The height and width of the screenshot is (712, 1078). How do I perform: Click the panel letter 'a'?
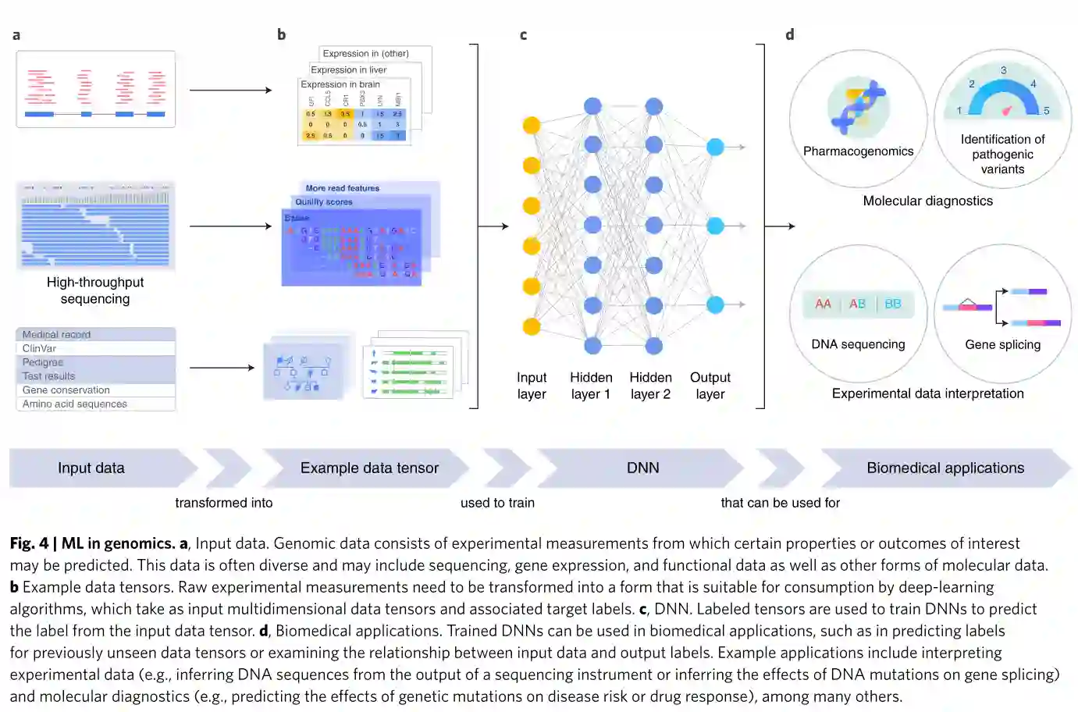pos(16,35)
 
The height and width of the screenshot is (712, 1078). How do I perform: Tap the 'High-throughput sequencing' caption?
pos(95,290)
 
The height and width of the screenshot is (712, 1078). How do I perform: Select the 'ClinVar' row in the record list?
pos(40,348)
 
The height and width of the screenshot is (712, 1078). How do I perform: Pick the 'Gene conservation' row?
pos(66,390)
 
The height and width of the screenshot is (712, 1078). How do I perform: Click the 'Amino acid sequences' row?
pos(75,404)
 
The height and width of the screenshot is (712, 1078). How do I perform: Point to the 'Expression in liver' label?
pos(348,69)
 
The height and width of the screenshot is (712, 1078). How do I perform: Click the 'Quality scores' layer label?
pos(324,201)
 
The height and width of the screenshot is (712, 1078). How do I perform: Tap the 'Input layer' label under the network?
pos(532,386)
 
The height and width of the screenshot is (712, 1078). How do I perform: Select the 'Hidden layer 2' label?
pos(650,386)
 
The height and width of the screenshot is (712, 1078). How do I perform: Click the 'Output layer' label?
pos(710,386)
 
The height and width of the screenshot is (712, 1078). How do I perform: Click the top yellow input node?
pos(532,125)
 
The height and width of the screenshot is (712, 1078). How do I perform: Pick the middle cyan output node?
pos(715,226)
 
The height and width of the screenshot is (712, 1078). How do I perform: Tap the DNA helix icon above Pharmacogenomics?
pos(858,106)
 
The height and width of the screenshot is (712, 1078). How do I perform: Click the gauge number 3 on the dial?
pos(1004,70)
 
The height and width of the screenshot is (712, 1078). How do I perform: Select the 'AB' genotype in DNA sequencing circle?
pos(857,304)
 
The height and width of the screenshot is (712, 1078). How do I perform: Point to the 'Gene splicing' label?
pos(1002,344)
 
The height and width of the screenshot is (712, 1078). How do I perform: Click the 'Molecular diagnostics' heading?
pos(927,201)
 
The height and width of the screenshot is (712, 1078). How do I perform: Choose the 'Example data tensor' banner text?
pos(369,468)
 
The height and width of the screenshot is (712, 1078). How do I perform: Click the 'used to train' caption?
pos(497,503)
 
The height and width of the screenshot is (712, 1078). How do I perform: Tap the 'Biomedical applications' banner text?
pos(945,468)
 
